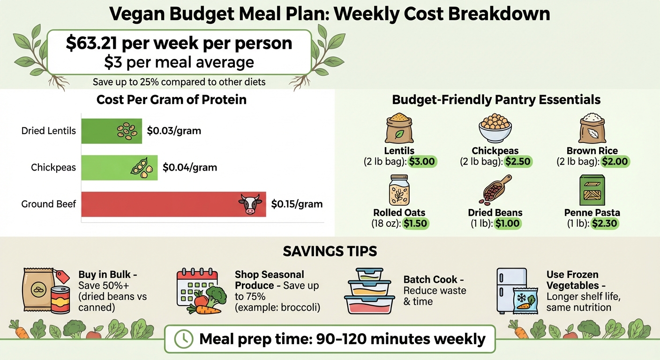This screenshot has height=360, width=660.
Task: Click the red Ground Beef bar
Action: pos(173,204)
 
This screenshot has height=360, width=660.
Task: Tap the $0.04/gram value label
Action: pos(190,167)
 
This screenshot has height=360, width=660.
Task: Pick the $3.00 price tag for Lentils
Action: pos(422,162)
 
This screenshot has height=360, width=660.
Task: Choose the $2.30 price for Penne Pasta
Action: pos(605,223)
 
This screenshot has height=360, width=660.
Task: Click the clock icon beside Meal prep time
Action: pos(183,338)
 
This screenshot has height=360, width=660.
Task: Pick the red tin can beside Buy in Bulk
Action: pos(60,300)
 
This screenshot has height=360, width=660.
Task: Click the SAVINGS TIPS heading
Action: pos(330,251)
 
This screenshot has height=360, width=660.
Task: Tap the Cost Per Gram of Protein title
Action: pos(171,100)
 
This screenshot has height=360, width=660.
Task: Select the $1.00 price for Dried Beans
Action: pos(507,223)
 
